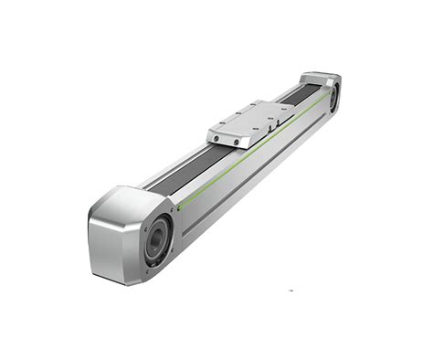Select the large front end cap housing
pos(123,228)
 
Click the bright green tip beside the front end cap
pos(180,205)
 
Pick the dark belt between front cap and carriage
pos(178,174)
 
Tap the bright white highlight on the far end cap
pos(315,76)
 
